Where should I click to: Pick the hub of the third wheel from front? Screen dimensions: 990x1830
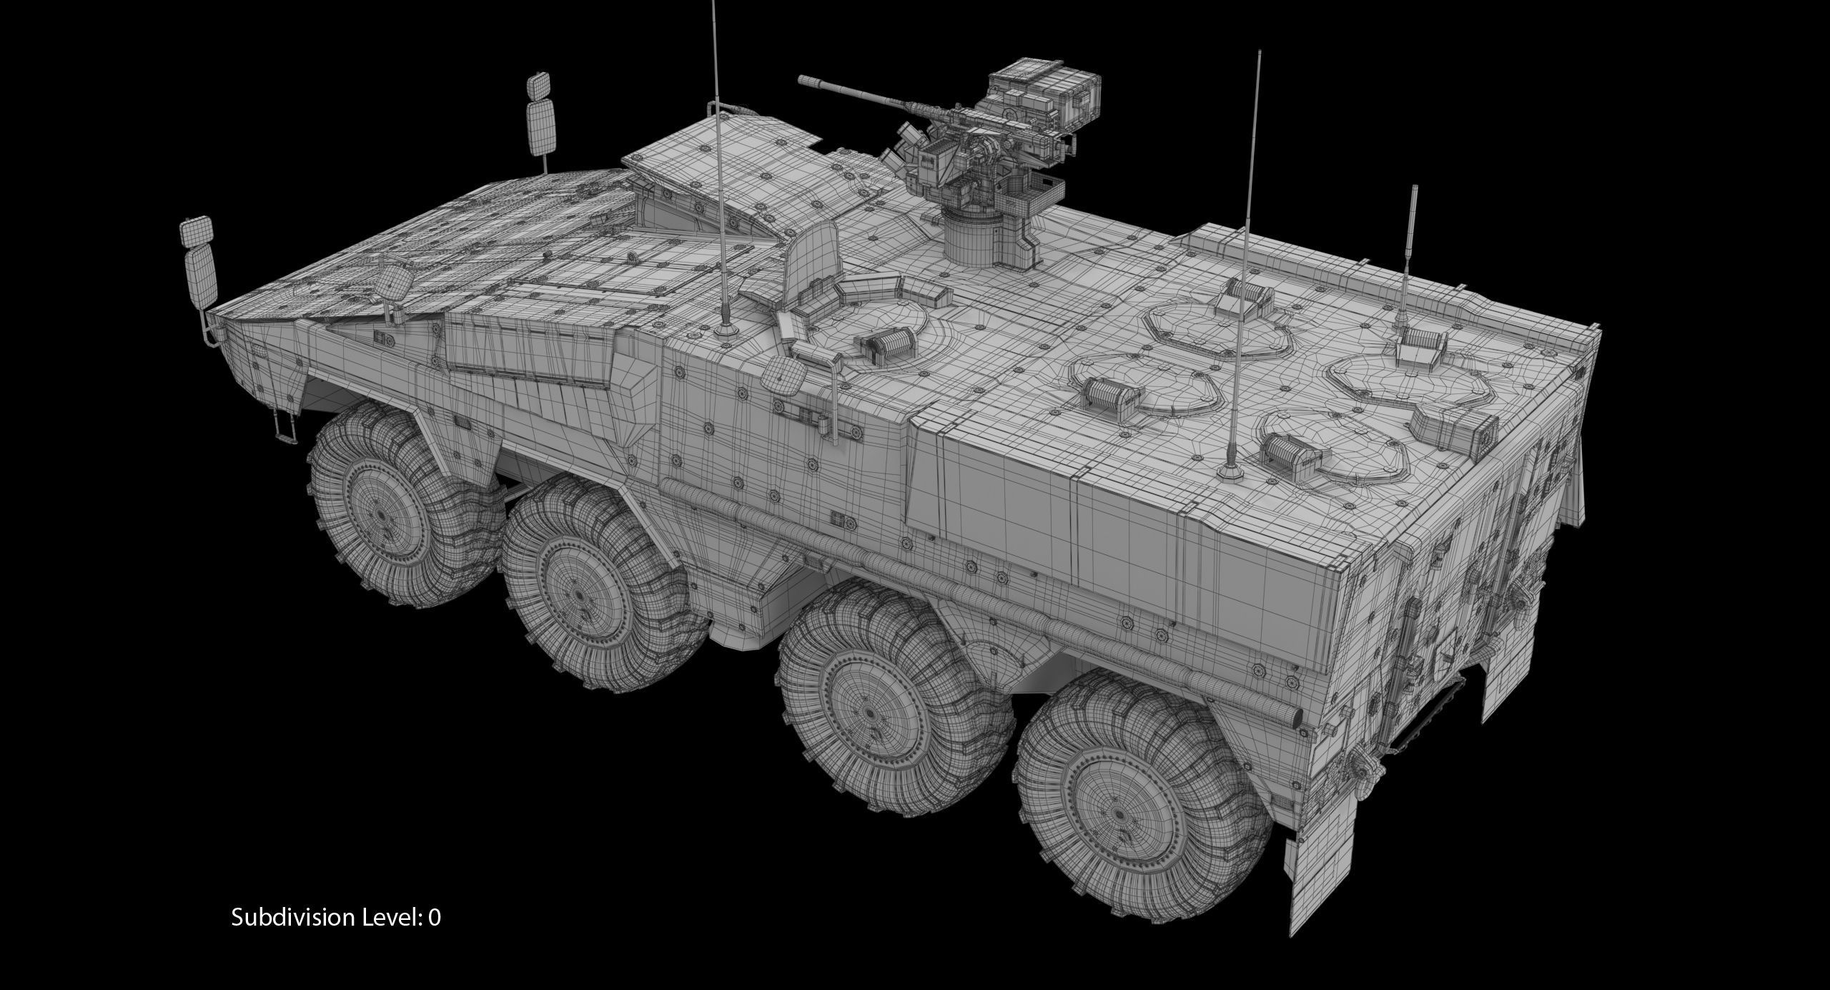click(x=870, y=696)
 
